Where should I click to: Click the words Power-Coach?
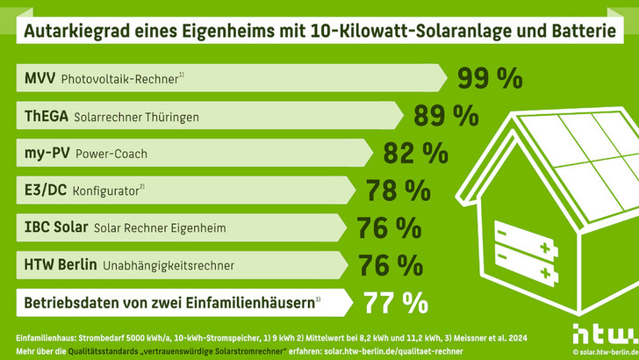[118, 155]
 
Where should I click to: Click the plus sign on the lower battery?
[545, 264]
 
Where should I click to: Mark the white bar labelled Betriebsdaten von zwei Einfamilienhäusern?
[176, 303]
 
